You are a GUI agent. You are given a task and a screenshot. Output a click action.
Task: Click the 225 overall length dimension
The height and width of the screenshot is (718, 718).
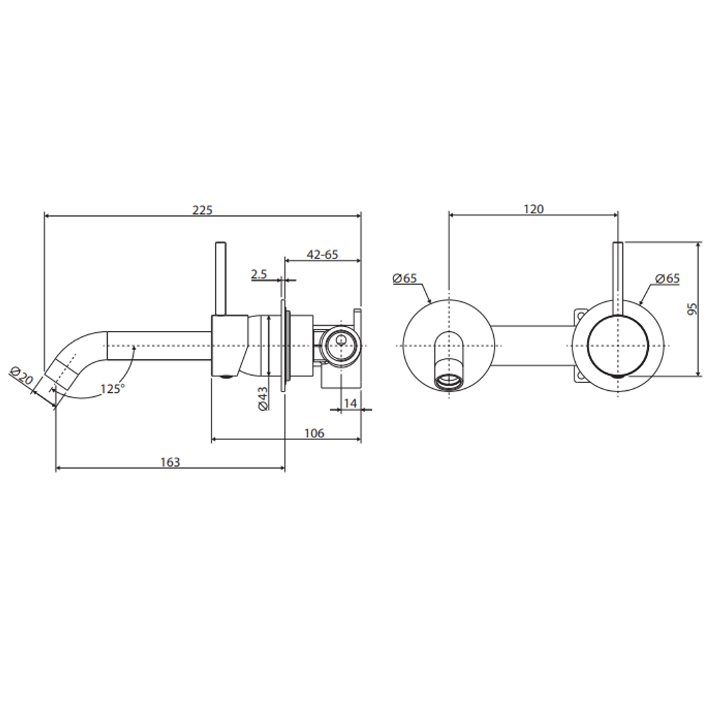coord(202,209)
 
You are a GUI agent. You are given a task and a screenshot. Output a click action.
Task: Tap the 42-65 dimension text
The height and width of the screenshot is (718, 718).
coord(322,254)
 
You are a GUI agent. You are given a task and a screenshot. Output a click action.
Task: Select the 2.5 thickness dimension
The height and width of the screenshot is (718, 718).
coord(259,274)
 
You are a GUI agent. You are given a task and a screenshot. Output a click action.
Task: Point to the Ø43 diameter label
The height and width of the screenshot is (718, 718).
coord(263,398)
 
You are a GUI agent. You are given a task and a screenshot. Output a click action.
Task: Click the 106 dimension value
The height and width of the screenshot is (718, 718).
coord(314,433)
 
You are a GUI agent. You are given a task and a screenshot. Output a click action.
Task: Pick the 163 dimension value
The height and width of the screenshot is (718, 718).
coord(170,462)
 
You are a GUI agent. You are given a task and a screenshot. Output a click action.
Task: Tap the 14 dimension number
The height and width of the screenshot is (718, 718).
coord(350,403)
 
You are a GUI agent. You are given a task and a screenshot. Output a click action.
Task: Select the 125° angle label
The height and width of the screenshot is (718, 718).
coord(112,389)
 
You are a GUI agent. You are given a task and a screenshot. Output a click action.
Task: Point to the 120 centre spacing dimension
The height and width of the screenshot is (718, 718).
coord(533,209)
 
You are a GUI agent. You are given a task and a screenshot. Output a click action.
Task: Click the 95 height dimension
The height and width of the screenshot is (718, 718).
coord(692,308)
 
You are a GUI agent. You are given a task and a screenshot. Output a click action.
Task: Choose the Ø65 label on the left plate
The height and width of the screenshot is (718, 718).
coord(404,279)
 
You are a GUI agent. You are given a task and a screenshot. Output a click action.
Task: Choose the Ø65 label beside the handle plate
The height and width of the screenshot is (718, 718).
coord(667,279)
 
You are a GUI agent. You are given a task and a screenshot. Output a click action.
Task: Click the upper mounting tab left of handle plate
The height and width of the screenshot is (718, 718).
coord(580,315)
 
